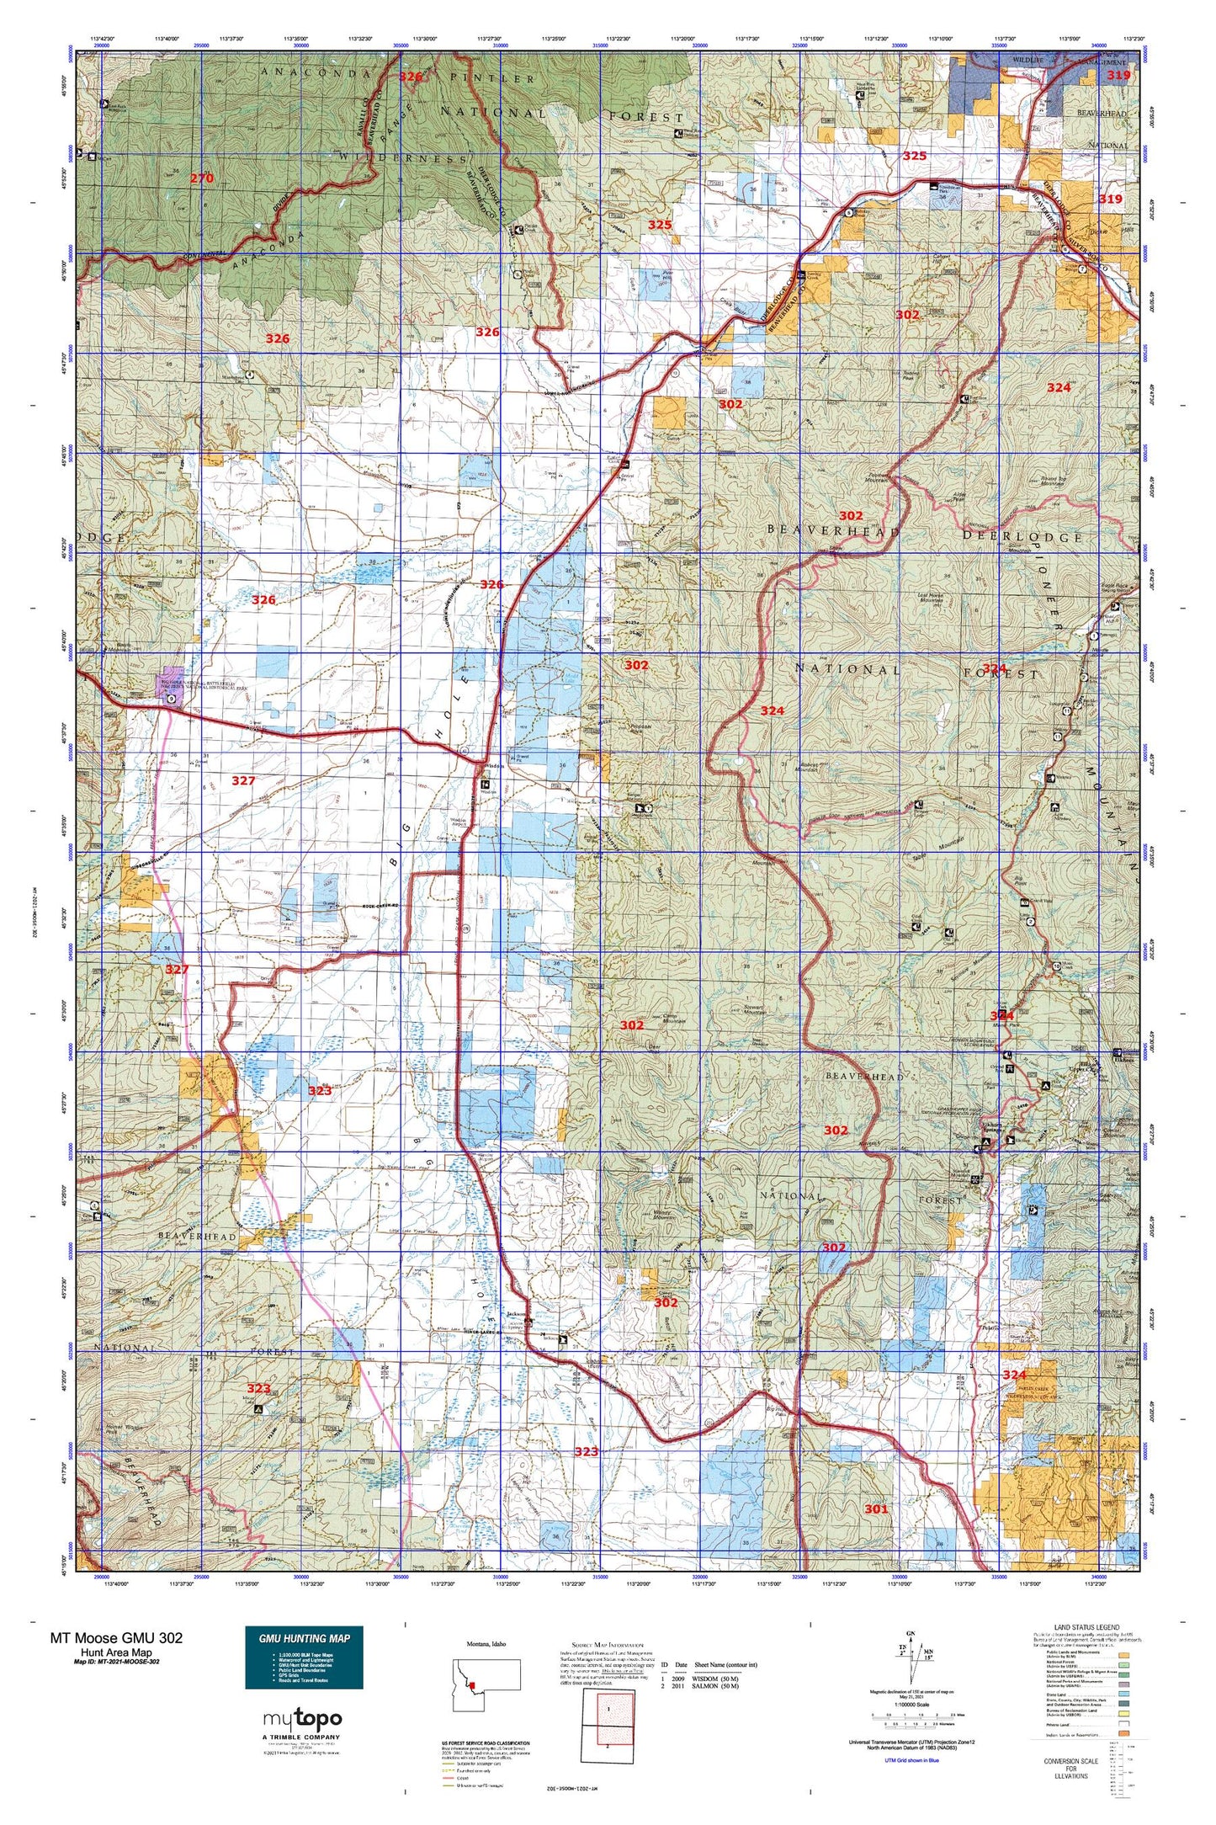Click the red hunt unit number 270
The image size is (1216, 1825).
click(x=201, y=178)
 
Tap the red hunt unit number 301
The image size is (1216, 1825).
click(x=876, y=1508)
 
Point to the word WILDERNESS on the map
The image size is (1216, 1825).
click(x=404, y=158)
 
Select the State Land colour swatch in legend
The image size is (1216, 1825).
click(x=1123, y=1698)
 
